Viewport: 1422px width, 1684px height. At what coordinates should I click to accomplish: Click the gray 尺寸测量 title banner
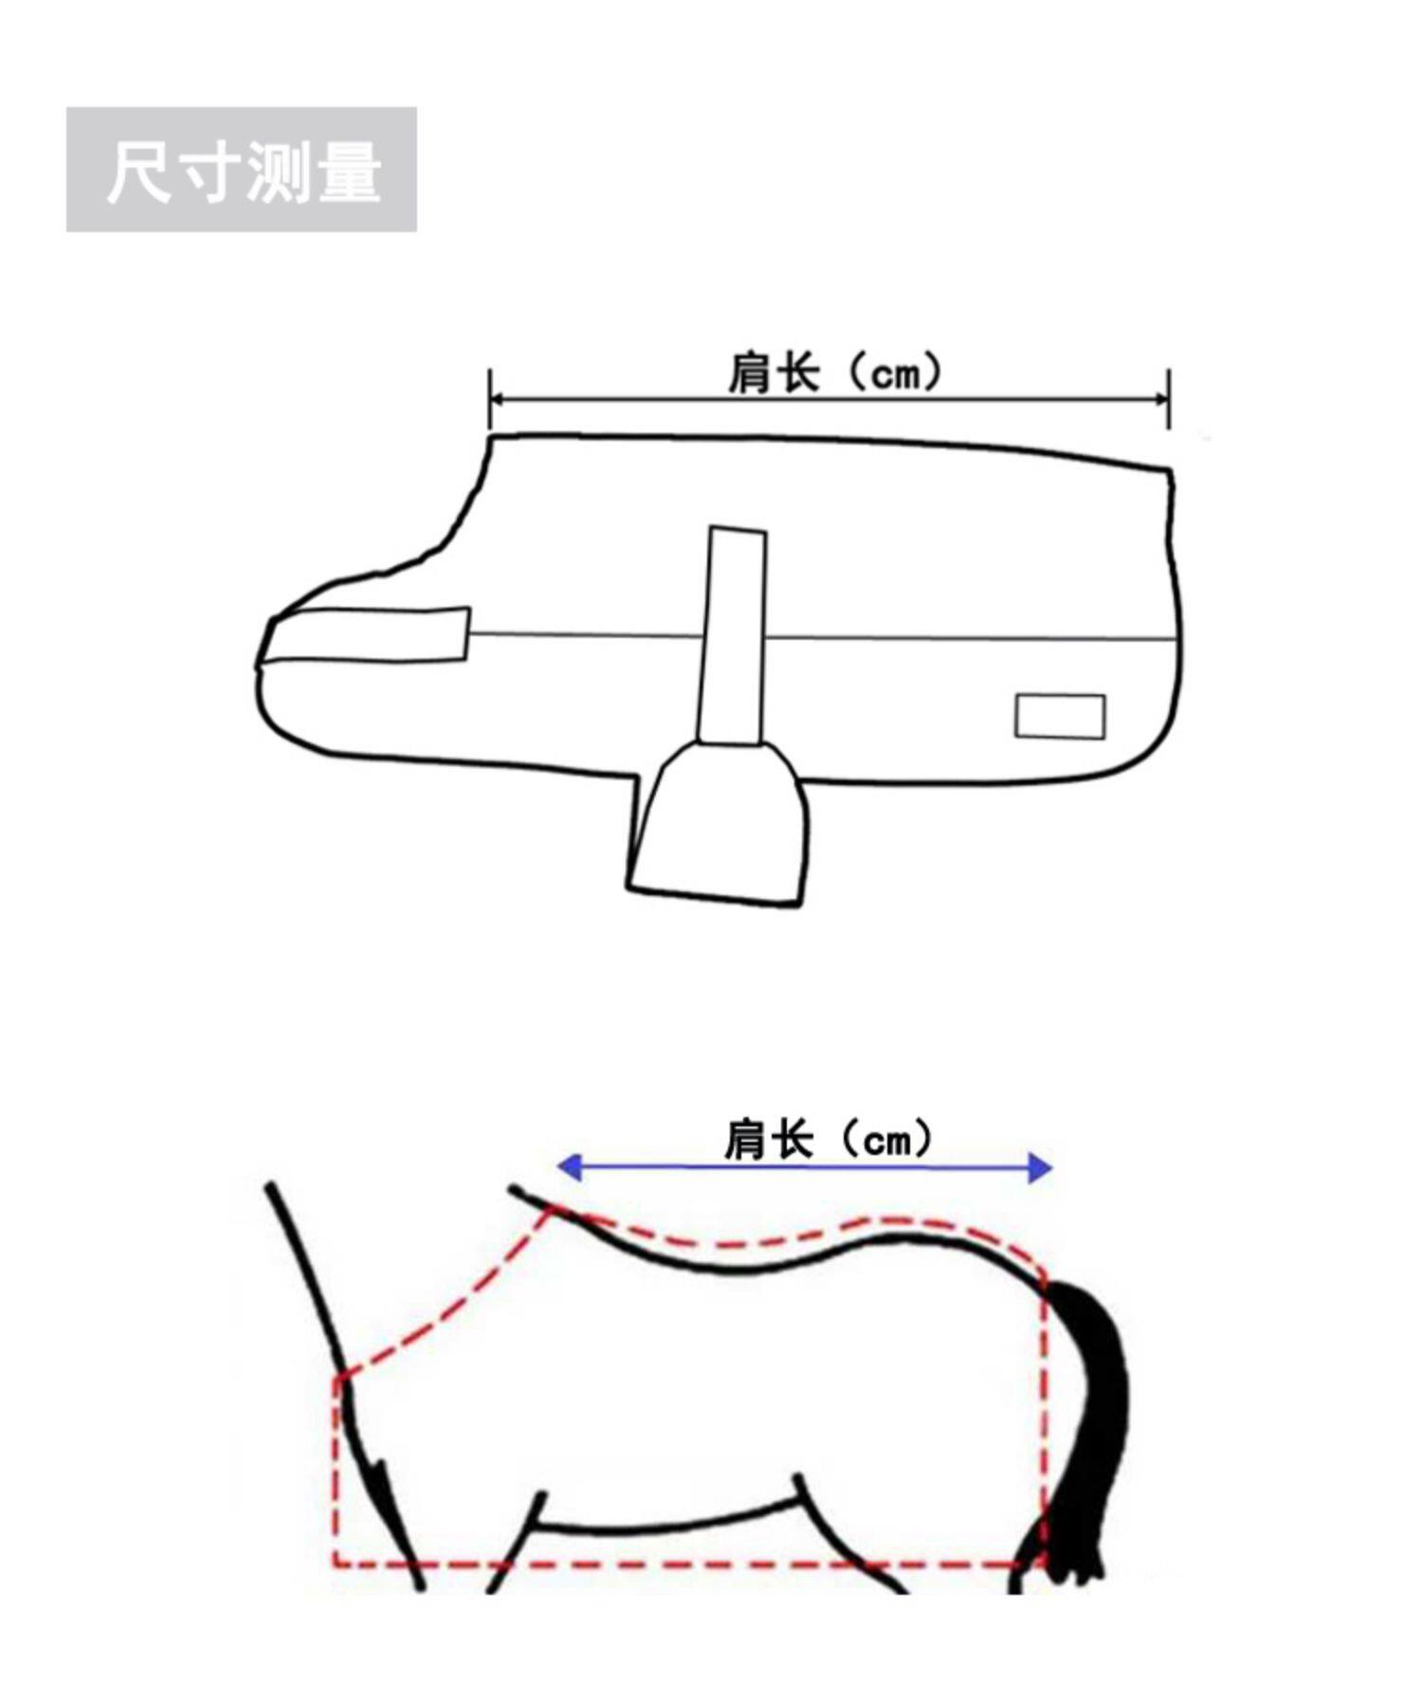(241, 170)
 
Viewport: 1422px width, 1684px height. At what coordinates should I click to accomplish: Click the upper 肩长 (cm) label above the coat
(835, 372)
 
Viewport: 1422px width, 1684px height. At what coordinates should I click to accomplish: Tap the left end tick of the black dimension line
(490, 399)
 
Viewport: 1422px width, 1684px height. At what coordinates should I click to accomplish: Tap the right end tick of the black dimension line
(1169, 399)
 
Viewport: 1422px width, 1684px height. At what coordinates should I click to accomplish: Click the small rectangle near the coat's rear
(1060, 716)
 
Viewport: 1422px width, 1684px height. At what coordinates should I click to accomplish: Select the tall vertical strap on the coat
(732, 635)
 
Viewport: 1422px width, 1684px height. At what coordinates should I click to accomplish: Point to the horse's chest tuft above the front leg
(381, 1479)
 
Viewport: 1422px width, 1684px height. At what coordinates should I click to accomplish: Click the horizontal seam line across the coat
(948, 637)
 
